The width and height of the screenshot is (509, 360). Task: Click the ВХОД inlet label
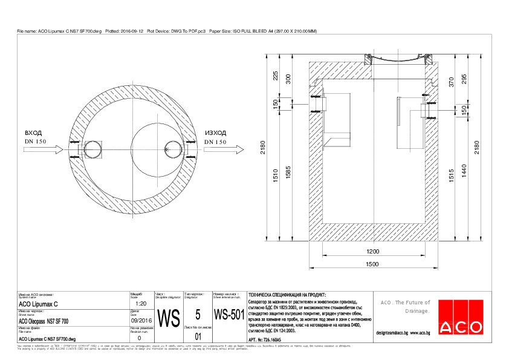click(33, 133)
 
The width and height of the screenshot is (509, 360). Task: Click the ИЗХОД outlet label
click(215, 133)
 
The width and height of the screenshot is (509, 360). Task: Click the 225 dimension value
click(276, 76)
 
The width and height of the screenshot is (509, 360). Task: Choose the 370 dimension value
click(451, 82)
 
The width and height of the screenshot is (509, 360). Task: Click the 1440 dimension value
click(464, 174)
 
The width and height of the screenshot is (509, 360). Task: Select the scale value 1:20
click(140, 304)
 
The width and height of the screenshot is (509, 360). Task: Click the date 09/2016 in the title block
click(140, 321)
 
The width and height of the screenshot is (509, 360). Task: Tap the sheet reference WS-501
click(229, 315)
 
